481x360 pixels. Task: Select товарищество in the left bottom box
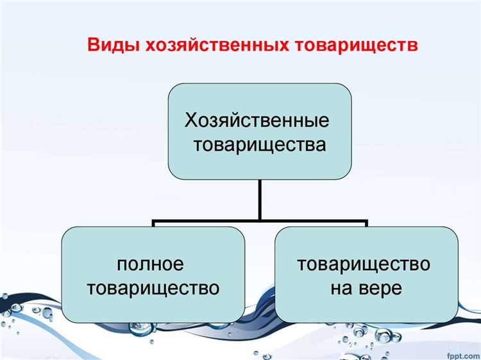(x=153, y=288)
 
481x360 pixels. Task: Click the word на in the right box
(x=342, y=288)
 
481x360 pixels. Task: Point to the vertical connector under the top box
(x=260, y=199)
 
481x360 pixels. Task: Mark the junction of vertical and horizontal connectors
(x=260, y=221)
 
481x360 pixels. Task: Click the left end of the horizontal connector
(x=154, y=222)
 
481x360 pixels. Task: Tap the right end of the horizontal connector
(x=366, y=222)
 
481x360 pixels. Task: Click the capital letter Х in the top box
(x=191, y=120)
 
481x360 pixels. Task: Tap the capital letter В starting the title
(x=93, y=46)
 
